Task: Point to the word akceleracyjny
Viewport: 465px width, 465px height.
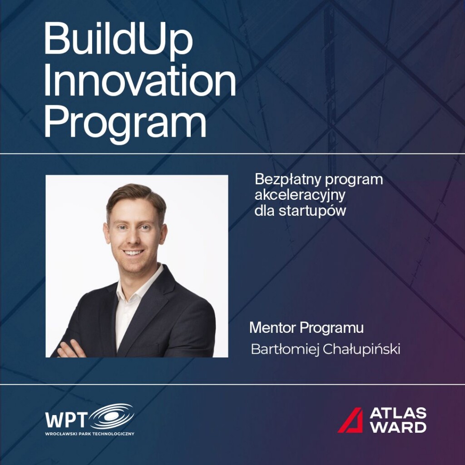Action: (x=301, y=196)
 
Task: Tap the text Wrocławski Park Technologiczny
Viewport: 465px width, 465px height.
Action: (x=89, y=434)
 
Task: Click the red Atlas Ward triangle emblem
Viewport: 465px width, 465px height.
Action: (x=351, y=420)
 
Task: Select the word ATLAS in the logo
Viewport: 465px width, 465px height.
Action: (x=398, y=413)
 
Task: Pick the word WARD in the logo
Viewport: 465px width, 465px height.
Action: (x=398, y=427)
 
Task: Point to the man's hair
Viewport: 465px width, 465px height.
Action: (x=135, y=195)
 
